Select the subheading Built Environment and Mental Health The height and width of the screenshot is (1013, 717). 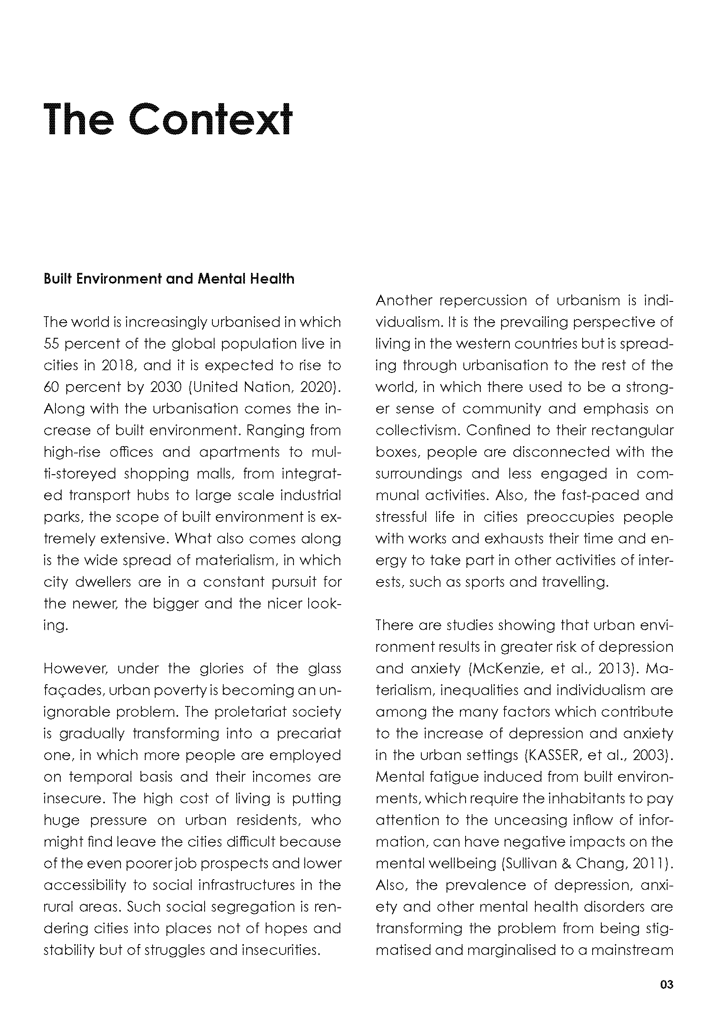[x=169, y=279]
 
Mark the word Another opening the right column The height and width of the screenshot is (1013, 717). [x=402, y=301]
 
